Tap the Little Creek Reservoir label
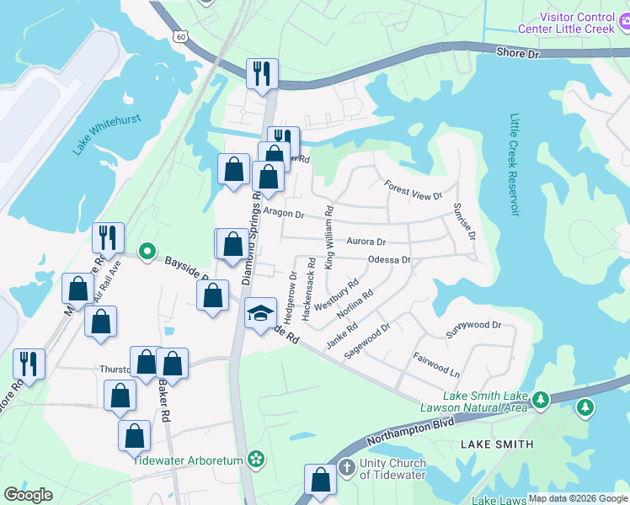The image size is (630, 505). tap(515, 164)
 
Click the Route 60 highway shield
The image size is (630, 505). tap(180, 36)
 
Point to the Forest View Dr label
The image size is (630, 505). tap(413, 190)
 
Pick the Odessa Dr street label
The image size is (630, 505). tap(389, 260)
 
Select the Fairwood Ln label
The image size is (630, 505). tap(436, 364)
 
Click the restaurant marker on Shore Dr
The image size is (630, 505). tap(261, 72)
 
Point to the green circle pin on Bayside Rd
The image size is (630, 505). tap(147, 251)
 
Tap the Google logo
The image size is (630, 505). tap(29, 496)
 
